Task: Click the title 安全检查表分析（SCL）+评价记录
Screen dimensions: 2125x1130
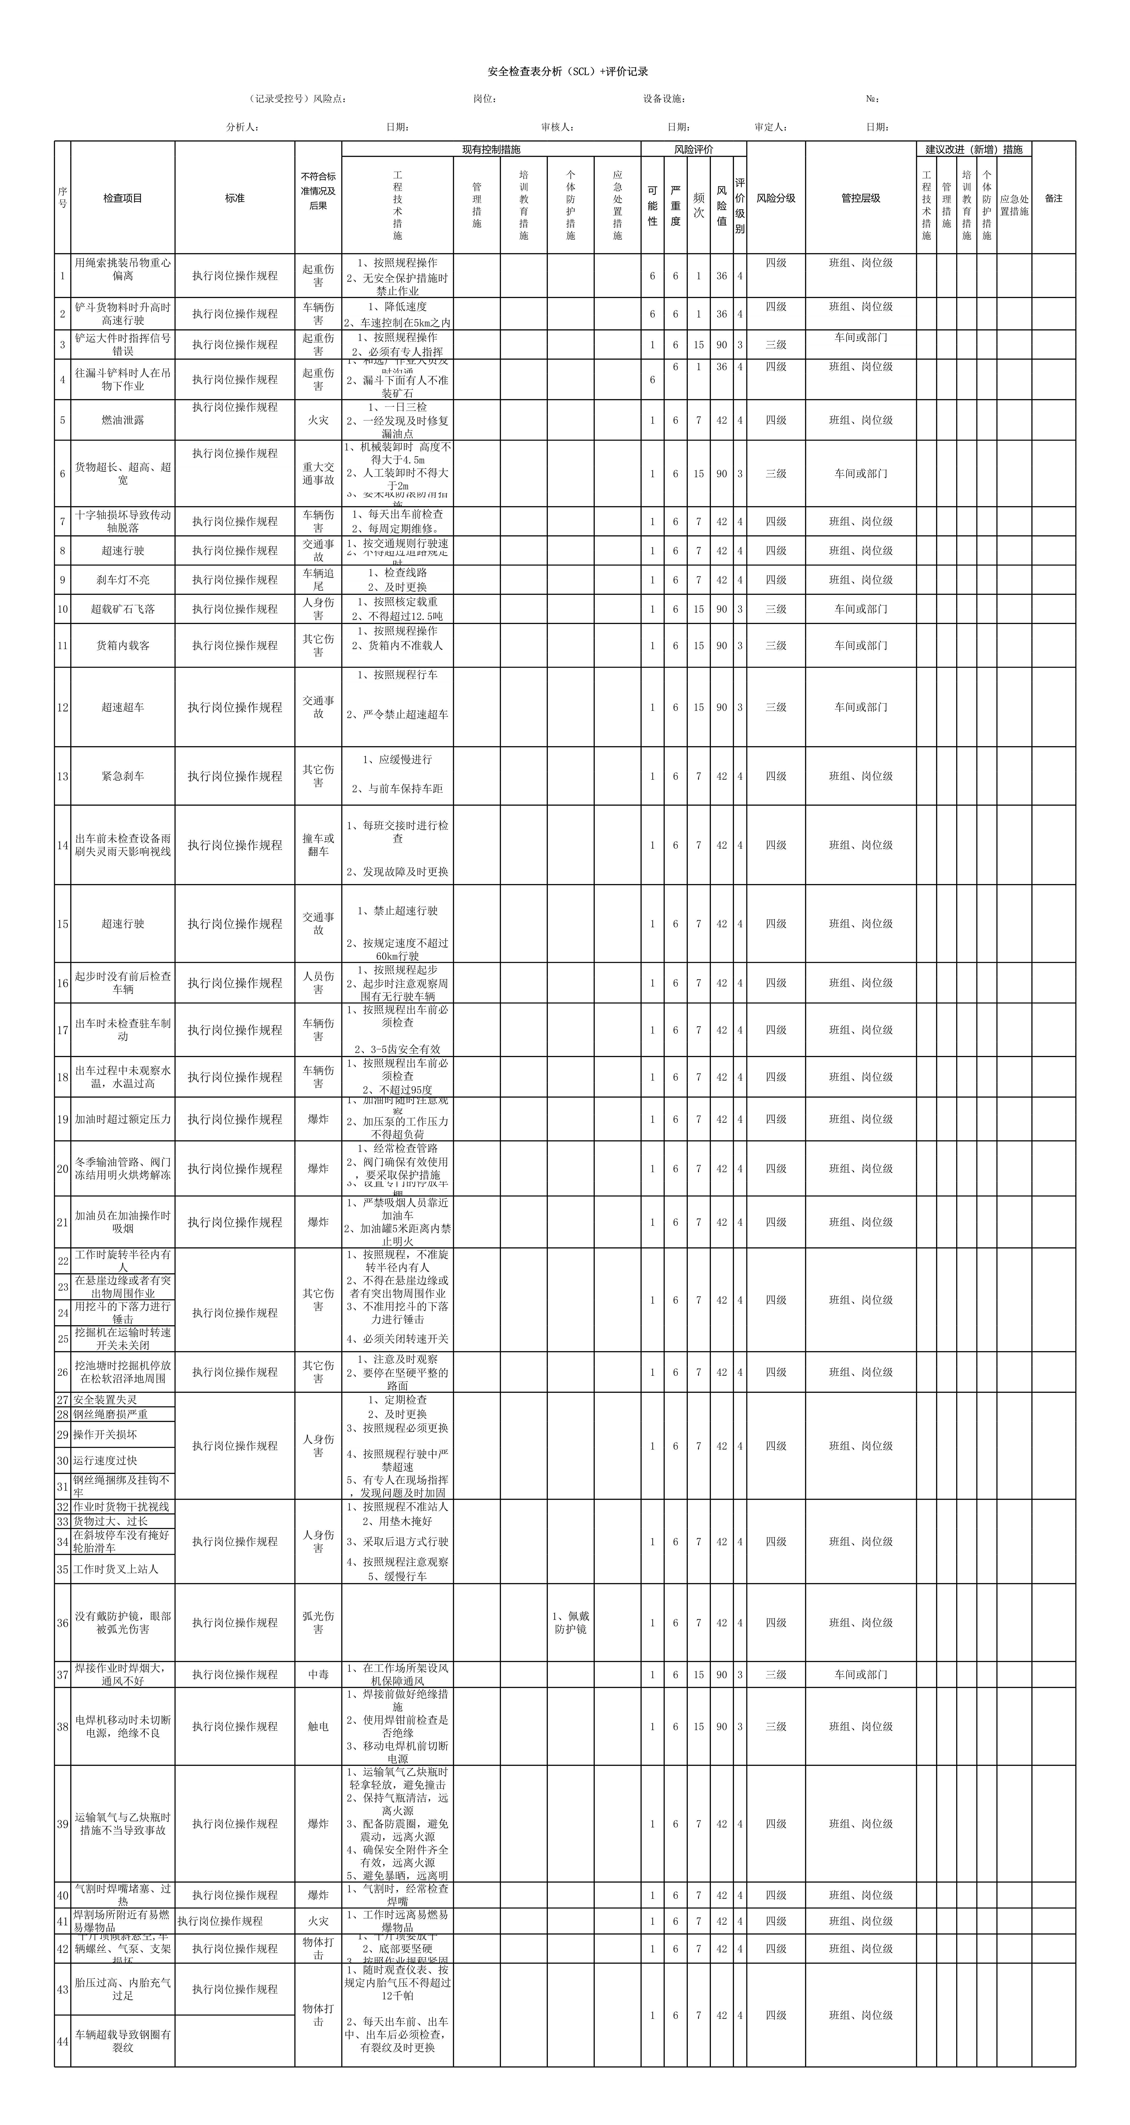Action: [x=568, y=72]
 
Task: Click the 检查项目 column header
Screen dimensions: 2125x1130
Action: [x=123, y=198]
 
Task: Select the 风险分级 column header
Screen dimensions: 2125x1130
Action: [x=775, y=198]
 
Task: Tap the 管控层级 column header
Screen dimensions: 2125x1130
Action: [x=860, y=198]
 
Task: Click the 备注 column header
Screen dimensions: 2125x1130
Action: [x=1053, y=198]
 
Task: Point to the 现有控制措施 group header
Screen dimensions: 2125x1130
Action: [x=491, y=149]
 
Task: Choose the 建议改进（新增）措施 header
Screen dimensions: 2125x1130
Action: [x=973, y=149]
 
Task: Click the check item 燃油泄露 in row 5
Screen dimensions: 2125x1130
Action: [x=123, y=420]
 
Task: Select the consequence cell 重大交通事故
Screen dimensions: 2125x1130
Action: [x=318, y=473]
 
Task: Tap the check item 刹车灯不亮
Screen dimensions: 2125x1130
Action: [x=123, y=580]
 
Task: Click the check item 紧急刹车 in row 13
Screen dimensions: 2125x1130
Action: [x=123, y=776]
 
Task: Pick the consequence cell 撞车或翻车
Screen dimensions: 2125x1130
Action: [x=318, y=845]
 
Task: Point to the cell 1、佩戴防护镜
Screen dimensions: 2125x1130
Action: [x=570, y=1623]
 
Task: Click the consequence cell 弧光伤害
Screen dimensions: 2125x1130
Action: [x=318, y=1623]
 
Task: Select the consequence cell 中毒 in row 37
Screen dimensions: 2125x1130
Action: [x=318, y=1675]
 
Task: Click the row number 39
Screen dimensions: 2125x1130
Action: [x=63, y=1824]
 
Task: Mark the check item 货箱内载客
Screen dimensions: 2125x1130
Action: [x=123, y=645]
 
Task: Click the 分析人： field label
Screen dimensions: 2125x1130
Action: [x=243, y=127]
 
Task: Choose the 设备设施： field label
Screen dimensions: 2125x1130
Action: [x=664, y=99]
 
